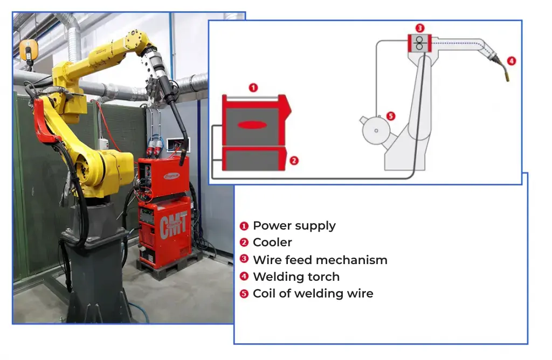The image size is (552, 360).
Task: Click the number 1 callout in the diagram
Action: [x=253, y=88]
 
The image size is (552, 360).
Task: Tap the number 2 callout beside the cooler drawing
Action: [x=294, y=161]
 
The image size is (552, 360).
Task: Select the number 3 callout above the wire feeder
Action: [x=419, y=28]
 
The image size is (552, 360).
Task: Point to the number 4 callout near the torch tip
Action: [x=512, y=61]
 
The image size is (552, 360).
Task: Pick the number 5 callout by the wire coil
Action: [x=390, y=116]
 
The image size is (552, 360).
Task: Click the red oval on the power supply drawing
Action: [x=252, y=125]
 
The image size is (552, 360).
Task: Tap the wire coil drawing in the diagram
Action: [x=376, y=130]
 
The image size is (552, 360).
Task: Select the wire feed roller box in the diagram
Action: [x=419, y=43]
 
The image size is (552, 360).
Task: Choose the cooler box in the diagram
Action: [x=254, y=160]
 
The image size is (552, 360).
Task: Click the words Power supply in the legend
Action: [x=294, y=226]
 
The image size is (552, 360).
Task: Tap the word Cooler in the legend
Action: [x=272, y=243]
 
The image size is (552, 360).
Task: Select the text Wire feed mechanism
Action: [x=320, y=260]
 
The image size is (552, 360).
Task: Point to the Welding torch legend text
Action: [x=296, y=277]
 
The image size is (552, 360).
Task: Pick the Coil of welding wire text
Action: [x=313, y=294]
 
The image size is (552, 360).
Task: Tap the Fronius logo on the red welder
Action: [x=172, y=176]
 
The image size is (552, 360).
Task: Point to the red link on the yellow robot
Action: [x=44, y=121]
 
